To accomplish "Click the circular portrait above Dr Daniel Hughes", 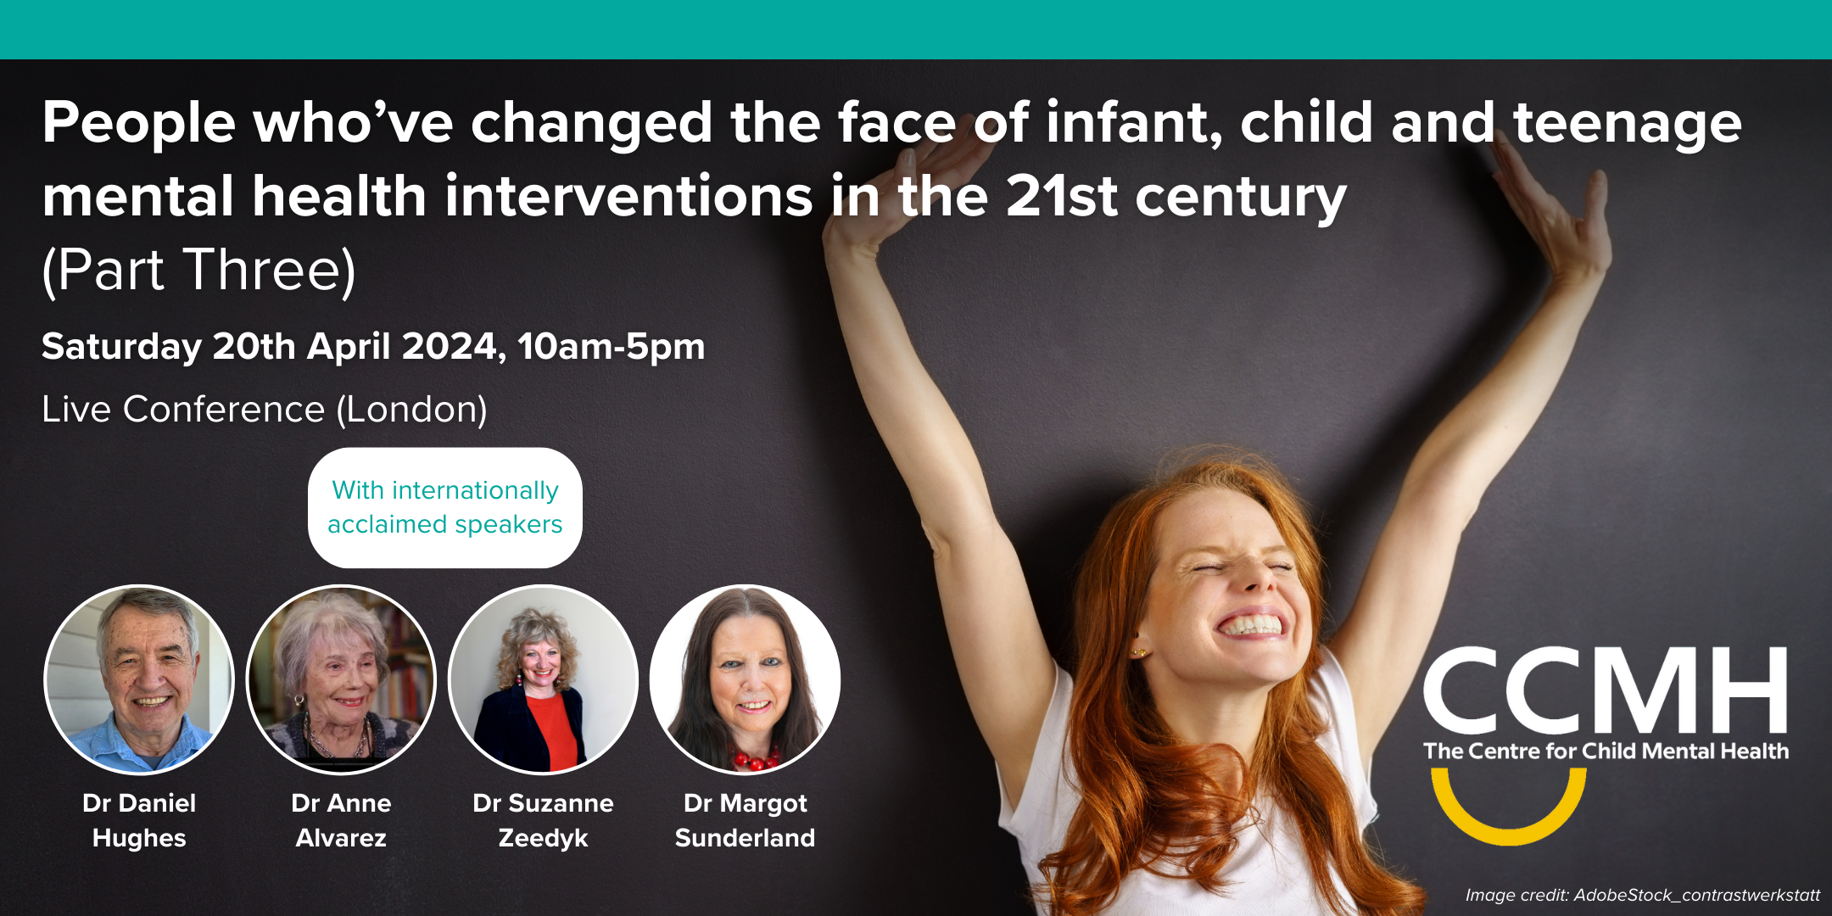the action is [x=139, y=679].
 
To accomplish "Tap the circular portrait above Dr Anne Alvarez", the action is [x=341, y=679].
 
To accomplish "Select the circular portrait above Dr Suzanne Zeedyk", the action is [x=543, y=679].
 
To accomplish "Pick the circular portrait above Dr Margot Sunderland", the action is [x=745, y=679].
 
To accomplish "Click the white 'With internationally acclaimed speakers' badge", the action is [x=445, y=507].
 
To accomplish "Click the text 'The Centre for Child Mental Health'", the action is [x=1606, y=751].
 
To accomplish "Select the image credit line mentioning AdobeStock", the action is [x=1643, y=895].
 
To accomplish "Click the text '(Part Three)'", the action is [x=199, y=271].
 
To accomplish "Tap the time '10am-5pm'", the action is [x=612, y=347].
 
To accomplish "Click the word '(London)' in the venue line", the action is [x=412, y=410].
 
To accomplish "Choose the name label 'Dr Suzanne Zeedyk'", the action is [x=543, y=820].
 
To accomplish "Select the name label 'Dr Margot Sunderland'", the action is [x=745, y=820].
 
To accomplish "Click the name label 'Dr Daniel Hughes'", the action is [x=139, y=820].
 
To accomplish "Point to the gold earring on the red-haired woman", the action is [x=1137, y=652].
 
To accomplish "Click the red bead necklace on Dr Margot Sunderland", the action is [x=755, y=757].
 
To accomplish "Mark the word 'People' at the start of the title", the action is [x=139, y=124].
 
